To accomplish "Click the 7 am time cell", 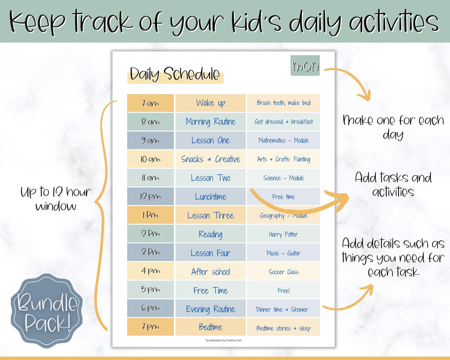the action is coord(150,103).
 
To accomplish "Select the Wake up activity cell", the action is coord(210,103).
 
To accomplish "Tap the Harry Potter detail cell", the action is coord(283,234).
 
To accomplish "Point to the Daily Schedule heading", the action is coord(175,74).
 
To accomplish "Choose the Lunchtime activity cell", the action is coord(210,196).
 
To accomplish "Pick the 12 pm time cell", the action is coord(150,196).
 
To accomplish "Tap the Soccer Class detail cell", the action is coord(283,271).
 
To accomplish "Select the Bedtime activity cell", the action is coord(210,327).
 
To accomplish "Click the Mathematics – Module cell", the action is coord(283,140).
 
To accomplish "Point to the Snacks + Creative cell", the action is coord(210,159).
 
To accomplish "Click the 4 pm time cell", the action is coord(150,271).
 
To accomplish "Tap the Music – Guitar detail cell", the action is coord(283,253).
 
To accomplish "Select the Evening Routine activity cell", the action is coord(210,309).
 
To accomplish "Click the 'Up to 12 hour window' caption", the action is coord(56,199).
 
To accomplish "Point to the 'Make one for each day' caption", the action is coord(393,127).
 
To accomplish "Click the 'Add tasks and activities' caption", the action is coord(393,184).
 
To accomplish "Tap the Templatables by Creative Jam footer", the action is coord(224,341).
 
